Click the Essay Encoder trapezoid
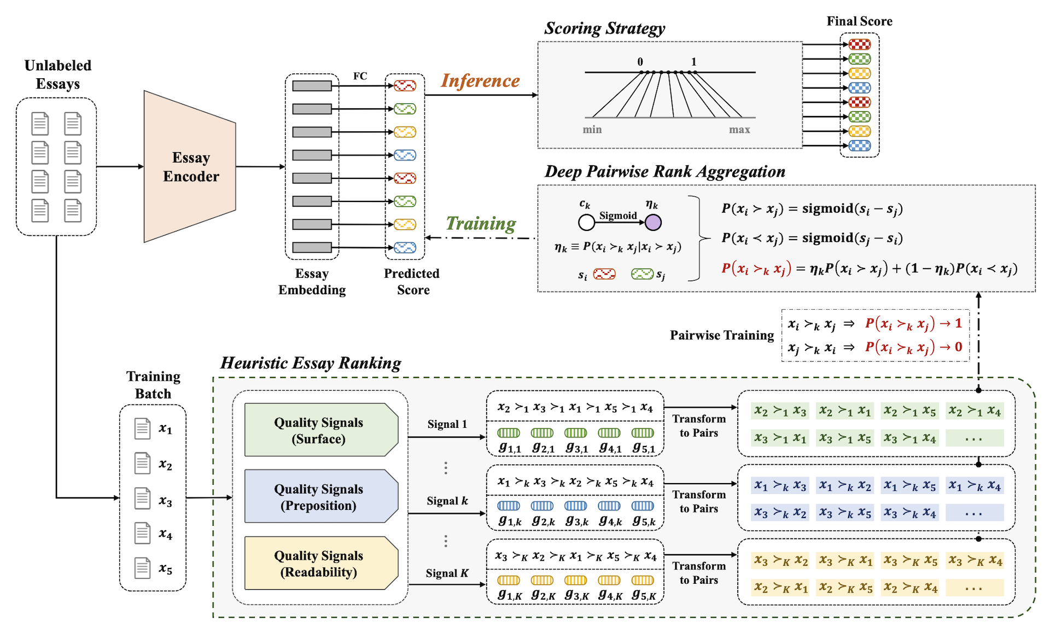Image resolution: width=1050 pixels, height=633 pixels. pos(190,167)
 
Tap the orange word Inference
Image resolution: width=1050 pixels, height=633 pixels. pos(480,81)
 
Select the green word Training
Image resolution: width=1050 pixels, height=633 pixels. pos(481,223)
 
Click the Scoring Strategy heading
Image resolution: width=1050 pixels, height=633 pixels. pos(604,28)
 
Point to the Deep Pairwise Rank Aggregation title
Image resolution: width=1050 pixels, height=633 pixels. pos(664,172)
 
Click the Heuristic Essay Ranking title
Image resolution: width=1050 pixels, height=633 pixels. pos(310,363)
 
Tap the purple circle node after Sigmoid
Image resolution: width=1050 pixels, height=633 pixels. pos(653,223)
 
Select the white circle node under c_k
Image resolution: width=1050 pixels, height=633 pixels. pos(586,223)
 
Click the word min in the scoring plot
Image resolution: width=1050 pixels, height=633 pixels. pos(592,130)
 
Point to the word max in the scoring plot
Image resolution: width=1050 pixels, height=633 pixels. pos(739,130)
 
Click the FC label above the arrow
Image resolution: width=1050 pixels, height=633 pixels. pos(360,76)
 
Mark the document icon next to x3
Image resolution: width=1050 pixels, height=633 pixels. pos(142,498)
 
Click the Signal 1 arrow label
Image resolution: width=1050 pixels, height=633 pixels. pos(447,425)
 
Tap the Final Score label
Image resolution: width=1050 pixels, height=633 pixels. pos(859,21)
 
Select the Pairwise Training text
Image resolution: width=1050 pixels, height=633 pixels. pos(722,335)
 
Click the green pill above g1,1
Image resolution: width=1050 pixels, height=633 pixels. pos(509,433)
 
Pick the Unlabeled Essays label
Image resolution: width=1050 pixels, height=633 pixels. pos(58,74)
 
